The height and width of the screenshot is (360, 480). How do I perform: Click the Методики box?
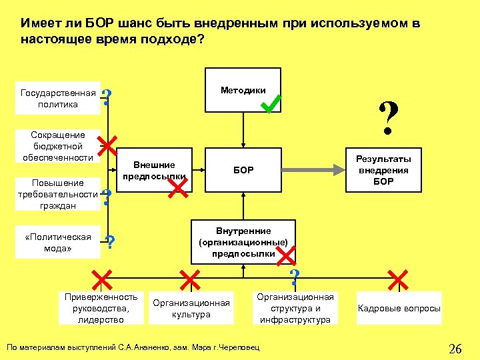coord(243,91)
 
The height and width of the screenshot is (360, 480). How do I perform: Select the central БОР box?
coord(243,171)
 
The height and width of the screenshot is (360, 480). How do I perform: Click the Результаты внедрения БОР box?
coord(383,170)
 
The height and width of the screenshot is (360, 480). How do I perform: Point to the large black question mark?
coord(389,117)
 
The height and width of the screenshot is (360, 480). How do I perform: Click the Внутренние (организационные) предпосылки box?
coord(243,242)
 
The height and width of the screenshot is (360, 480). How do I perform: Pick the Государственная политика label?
coord(58,98)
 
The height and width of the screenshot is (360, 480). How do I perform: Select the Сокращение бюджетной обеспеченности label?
coord(58,146)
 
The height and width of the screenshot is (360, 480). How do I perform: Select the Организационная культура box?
coord(191,308)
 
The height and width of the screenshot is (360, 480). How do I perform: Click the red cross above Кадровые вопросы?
coord(397,279)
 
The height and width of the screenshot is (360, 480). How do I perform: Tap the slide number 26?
coord(455,348)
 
